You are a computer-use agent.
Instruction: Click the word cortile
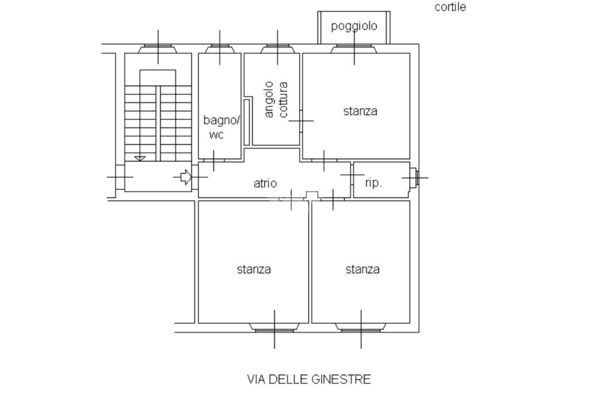click(450, 7)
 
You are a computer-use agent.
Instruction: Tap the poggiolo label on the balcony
click(354, 26)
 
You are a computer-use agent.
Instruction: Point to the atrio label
click(265, 183)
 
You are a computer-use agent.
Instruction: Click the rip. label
click(373, 183)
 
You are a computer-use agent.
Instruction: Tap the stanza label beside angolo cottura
click(360, 111)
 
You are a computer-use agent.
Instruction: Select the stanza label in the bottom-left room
click(254, 269)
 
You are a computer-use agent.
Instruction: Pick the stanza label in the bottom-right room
click(362, 269)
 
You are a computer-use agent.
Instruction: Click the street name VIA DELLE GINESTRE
click(309, 379)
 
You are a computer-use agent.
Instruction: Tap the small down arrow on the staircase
click(140, 158)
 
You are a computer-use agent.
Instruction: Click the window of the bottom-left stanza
click(274, 327)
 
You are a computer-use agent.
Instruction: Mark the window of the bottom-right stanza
click(361, 327)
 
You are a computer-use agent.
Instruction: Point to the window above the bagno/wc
click(220, 49)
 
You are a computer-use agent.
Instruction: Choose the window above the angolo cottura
click(278, 49)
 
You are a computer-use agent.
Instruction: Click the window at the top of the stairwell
click(158, 49)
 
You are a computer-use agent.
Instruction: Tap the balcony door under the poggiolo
click(354, 49)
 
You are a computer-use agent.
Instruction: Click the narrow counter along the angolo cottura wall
click(247, 122)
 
